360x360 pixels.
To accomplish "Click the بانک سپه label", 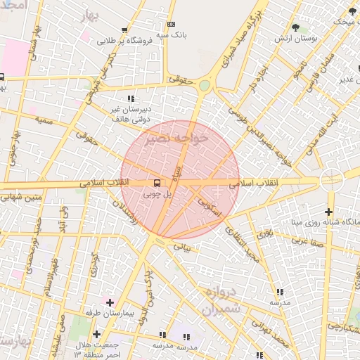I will pyautogui.click(x=172, y=33).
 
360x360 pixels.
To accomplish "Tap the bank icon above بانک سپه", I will pyautogui.click(x=172, y=23).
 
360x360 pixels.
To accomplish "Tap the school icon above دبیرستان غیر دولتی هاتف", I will pyautogui.click(x=130, y=98).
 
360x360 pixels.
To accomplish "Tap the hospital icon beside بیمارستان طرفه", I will pyautogui.click(x=110, y=302).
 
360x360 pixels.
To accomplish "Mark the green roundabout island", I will pyautogui.click(x=204, y=86).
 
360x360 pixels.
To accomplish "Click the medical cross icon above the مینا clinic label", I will pyautogui.click(x=329, y=212).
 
